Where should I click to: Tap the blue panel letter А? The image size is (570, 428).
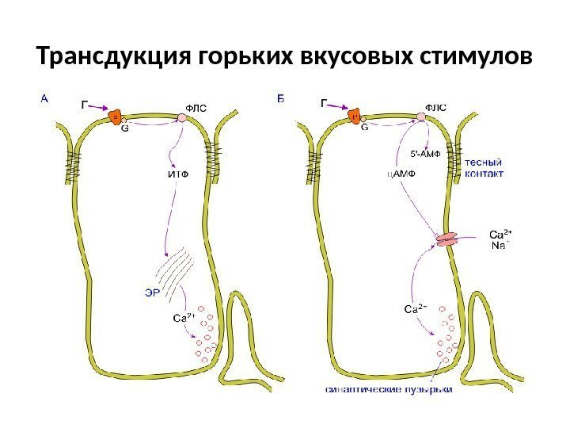pyautogui.click(x=44, y=100)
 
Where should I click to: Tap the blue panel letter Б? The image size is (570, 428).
pyautogui.click(x=281, y=100)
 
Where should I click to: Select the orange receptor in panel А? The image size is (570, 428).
pyautogui.click(x=116, y=117)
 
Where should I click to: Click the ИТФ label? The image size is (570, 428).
pyautogui.click(x=179, y=175)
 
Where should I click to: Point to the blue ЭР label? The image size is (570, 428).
pyautogui.click(x=152, y=292)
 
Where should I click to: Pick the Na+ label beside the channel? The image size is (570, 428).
pyautogui.click(x=500, y=246)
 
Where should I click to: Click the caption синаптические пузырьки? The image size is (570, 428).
pyautogui.click(x=389, y=390)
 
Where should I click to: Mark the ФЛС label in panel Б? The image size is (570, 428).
pyautogui.click(x=436, y=108)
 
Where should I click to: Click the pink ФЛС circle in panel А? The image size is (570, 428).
pyautogui.click(x=182, y=117)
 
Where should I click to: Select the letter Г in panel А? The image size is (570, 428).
pyautogui.click(x=84, y=102)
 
